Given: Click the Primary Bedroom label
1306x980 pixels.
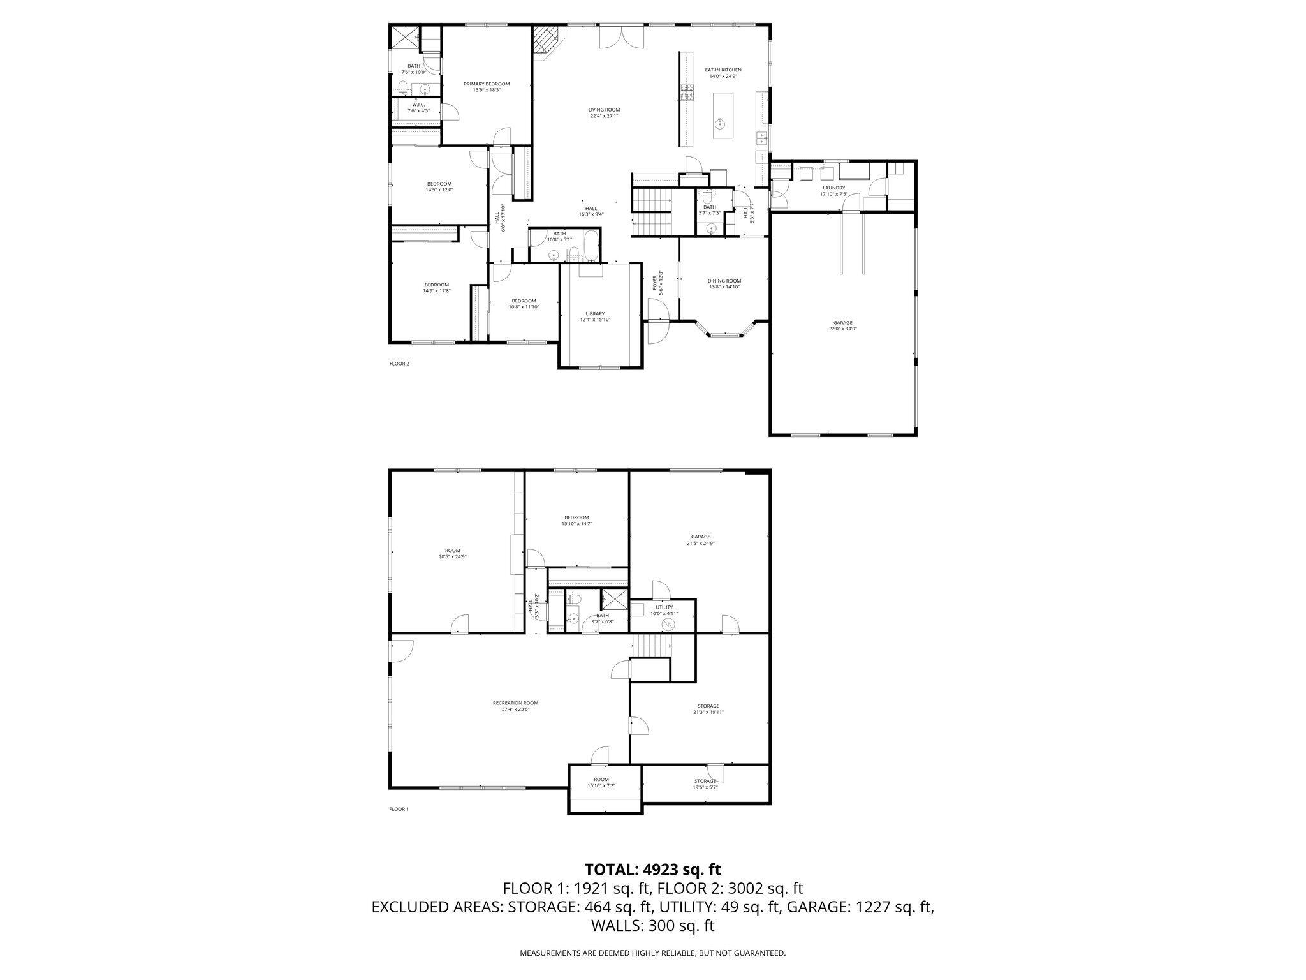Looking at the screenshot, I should point(487,84).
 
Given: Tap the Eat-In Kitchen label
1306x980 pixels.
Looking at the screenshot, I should point(723,70).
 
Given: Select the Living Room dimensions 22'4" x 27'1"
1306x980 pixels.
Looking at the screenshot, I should point(604,116).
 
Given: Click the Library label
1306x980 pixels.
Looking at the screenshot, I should point(595,313).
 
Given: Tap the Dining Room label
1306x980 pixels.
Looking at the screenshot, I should point(724,281).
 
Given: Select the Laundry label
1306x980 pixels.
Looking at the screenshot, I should point(833,188).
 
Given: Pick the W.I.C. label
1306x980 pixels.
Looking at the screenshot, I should point(418,105).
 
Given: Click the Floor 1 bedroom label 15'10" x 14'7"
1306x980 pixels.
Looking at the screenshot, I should point(576,517).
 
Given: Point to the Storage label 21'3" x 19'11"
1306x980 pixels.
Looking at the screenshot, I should point(708,706).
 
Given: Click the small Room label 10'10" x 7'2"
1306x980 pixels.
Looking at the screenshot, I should point(601,779).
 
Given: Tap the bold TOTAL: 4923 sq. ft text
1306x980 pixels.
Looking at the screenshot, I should point(652,869).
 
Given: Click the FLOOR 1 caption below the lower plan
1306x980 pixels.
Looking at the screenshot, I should point(399,809).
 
